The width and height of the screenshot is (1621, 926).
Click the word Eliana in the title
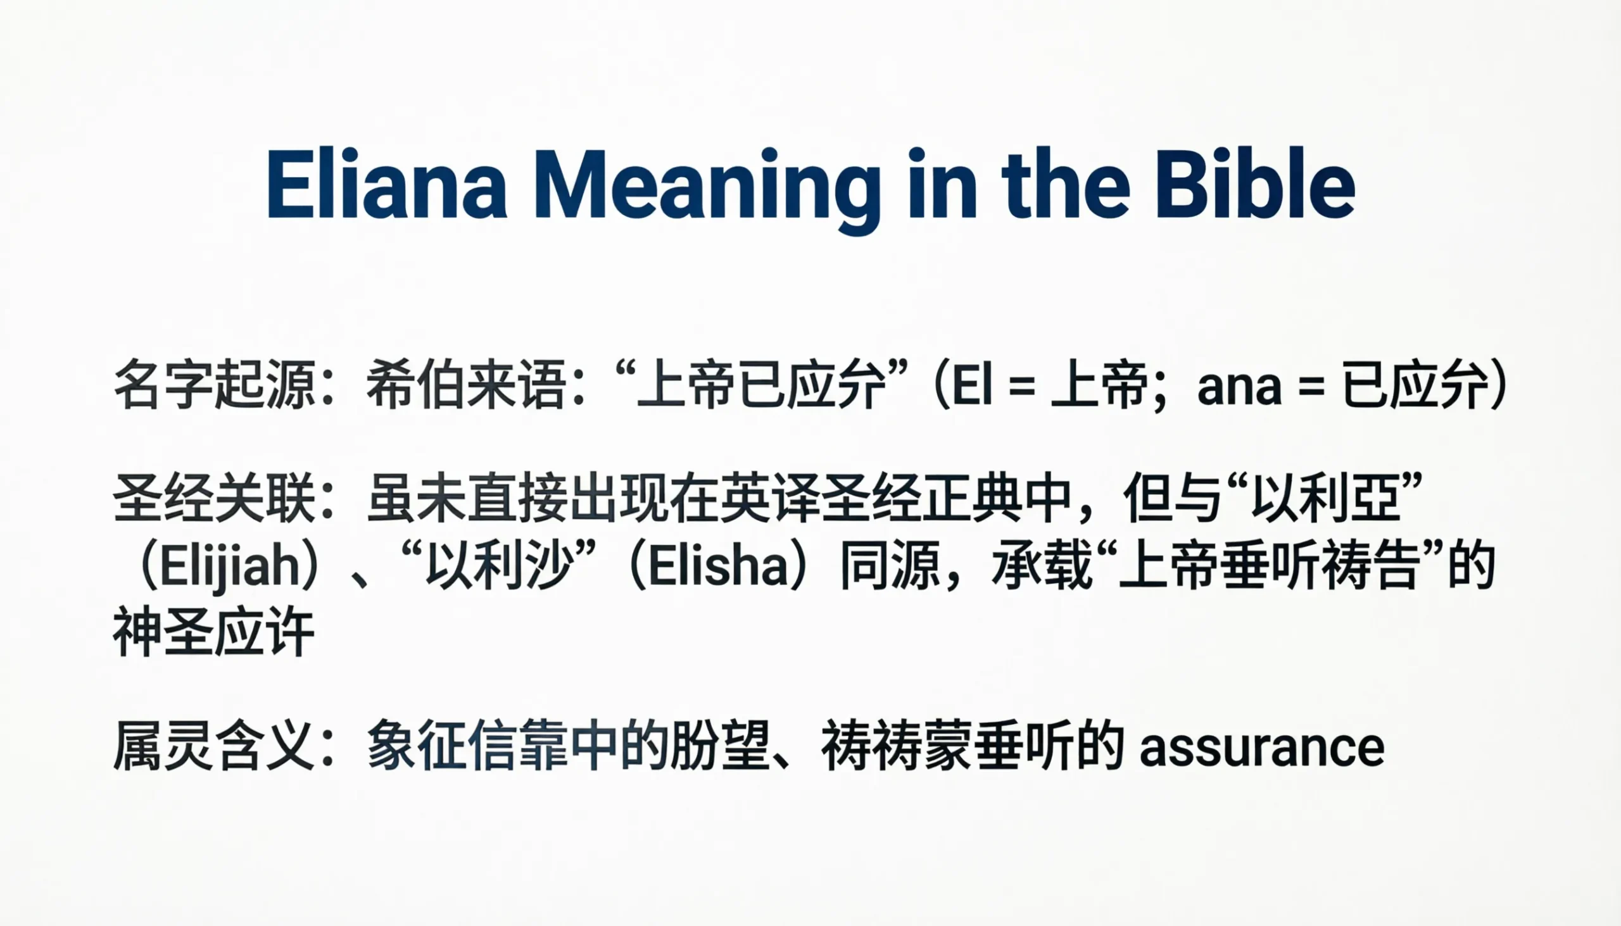point(387,184)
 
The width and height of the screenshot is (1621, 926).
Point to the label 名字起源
point(215,385)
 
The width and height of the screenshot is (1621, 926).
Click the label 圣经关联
point(215,499)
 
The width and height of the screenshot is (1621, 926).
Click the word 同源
point(890,566)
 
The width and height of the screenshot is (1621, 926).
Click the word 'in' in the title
point(942,184)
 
